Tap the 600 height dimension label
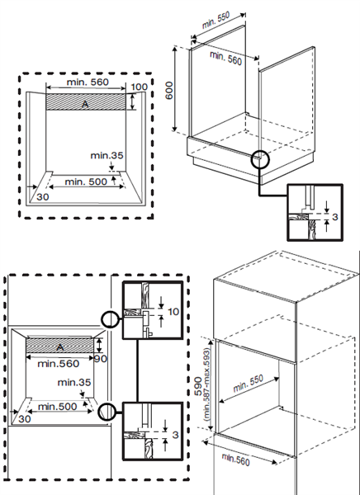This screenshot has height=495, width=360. coord(169,90)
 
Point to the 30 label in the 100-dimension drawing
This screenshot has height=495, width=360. coord(43,198)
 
